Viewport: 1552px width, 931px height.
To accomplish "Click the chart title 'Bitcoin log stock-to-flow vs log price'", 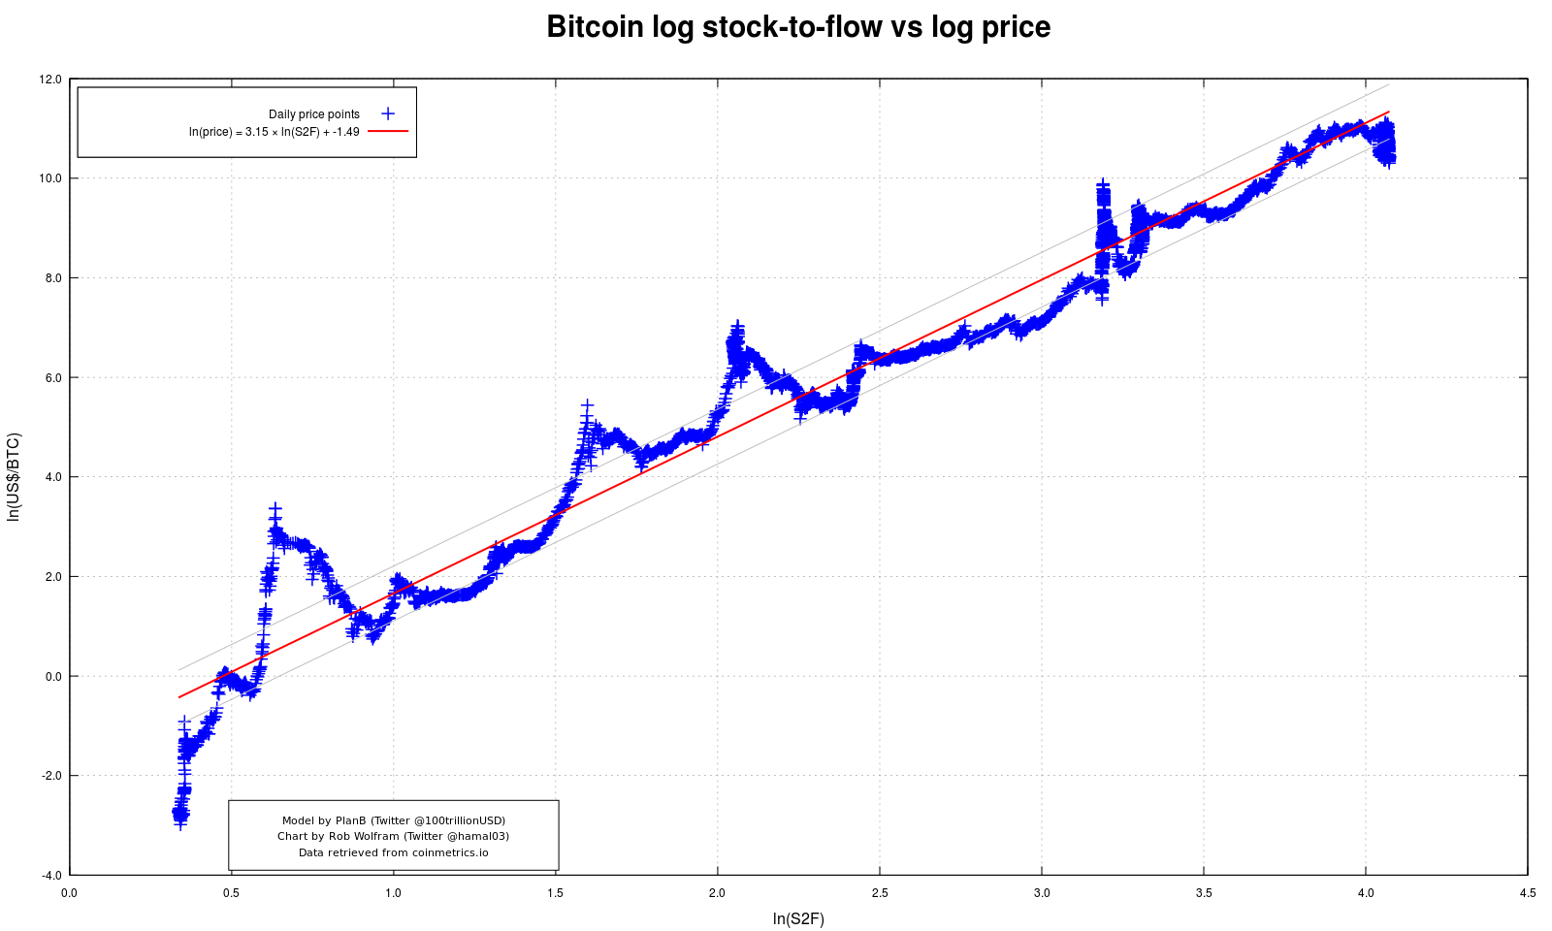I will (x=798, y=27).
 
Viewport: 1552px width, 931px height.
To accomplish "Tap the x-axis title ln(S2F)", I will (x=798, y=919).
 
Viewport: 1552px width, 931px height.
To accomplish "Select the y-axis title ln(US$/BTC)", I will (x=14, y=477).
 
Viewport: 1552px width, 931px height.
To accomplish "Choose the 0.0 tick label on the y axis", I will (x=52, y=677).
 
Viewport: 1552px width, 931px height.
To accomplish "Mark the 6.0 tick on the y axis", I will (x=52, y=378).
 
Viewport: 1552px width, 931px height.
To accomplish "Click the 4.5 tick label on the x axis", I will (x=1528, y=893).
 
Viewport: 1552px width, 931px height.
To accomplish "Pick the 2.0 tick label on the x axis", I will (x=717, y=893).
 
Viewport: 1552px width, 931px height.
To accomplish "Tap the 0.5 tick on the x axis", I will (x=231, y=893).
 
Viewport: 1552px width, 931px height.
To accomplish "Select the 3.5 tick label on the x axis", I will (x=1204, y=893).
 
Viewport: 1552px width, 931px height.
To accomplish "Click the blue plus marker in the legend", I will (x=388, y=113).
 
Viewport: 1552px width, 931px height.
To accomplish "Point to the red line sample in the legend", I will (x=388, y=131).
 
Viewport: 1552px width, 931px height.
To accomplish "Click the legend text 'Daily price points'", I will (x=314, y=114).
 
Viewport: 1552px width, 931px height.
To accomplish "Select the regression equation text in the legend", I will (x=275, y=132).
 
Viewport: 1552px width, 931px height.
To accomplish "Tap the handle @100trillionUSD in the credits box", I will (x=454, y=820).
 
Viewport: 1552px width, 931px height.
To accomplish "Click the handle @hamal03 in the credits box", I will (x=476, y=836).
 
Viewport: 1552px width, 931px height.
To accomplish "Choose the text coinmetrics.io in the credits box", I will (x=450, y=852).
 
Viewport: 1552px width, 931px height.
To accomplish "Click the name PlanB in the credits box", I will (x=350, y=820).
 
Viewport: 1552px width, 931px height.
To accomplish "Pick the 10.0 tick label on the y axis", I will (x=50, y=178).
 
